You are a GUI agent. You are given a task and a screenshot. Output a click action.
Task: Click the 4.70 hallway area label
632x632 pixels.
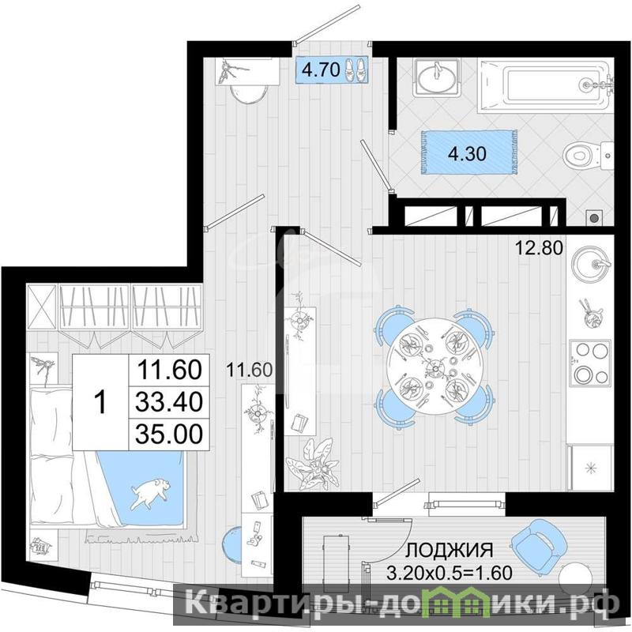coord(322,70)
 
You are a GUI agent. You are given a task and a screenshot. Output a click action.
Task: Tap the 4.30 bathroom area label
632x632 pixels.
coord(467,153)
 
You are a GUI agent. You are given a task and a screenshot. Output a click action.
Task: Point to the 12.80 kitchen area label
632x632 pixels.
coord(540,248)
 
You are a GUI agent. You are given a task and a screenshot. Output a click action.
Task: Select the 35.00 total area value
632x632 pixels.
coord(169,434)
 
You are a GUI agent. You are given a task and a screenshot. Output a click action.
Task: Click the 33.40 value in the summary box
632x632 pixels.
coord(169,402)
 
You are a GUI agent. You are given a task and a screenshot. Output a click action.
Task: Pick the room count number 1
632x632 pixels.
coord(100,402)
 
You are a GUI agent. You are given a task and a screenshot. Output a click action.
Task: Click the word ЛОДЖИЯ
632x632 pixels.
coord(449,550)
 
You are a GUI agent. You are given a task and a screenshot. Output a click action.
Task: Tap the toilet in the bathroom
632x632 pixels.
coord(588,155)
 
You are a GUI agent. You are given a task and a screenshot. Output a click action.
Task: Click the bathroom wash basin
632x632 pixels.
coord(438,77)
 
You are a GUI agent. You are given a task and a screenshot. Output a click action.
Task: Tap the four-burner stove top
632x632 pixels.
coord(589,363)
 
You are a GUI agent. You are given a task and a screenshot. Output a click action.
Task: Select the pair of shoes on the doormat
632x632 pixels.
coord(356,70)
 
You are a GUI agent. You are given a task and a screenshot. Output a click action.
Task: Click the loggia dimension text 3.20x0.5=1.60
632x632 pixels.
coord(450,572)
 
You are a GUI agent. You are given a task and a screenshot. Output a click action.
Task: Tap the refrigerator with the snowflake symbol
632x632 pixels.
coord(590,468)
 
